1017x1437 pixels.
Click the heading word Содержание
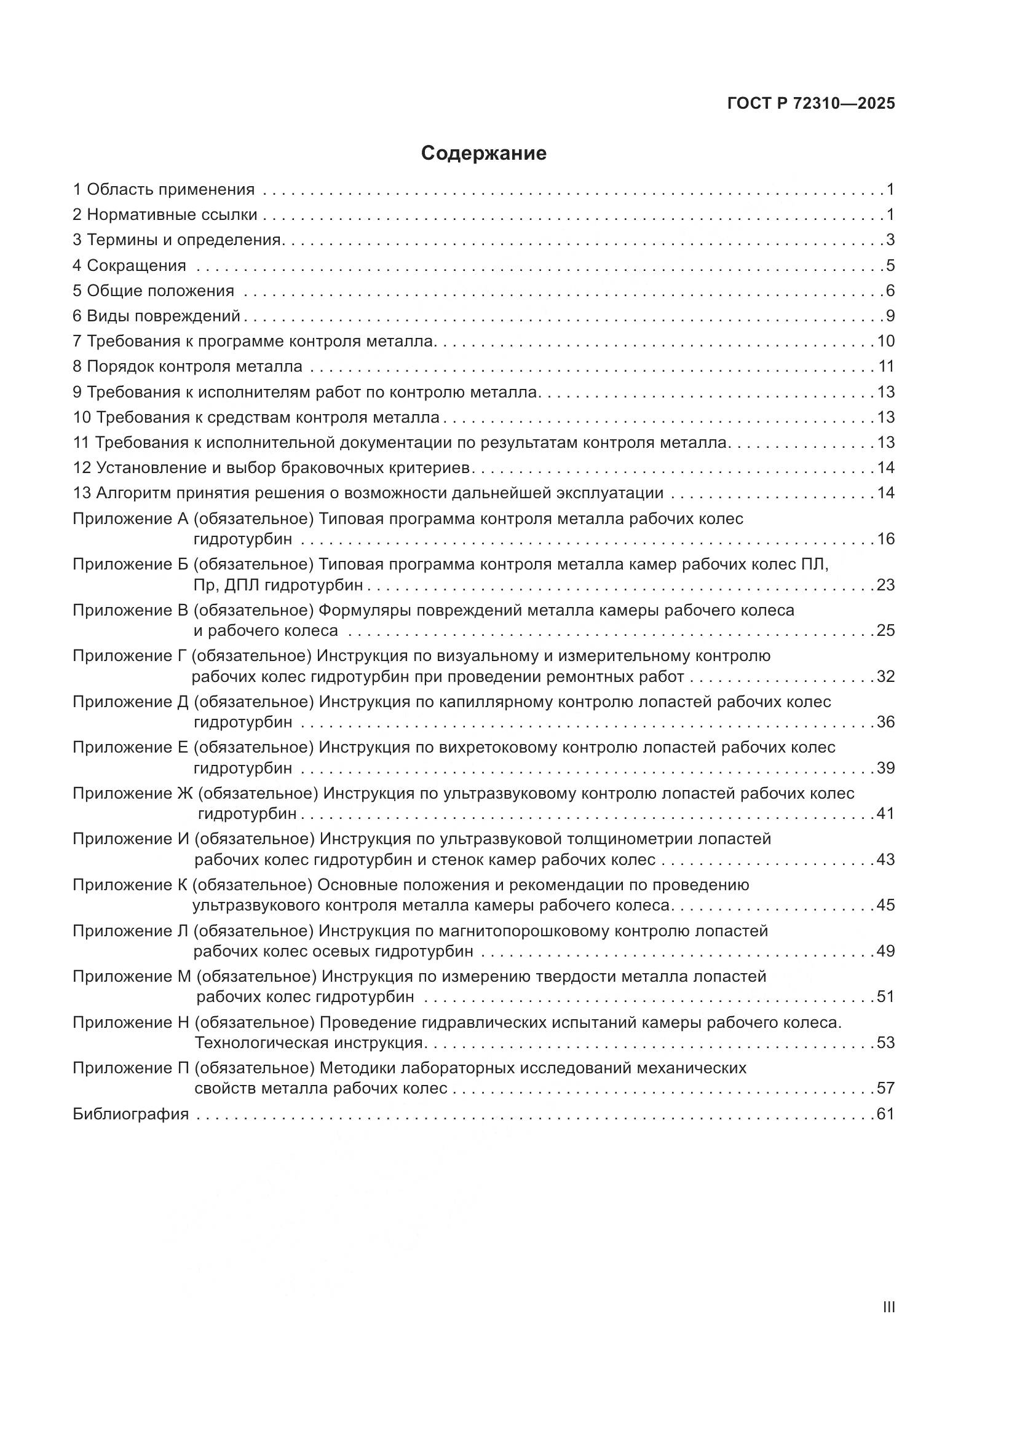click(x=483, y=154)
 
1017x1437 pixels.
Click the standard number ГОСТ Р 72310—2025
click(x=811, y=103)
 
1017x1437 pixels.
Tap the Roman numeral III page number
click(x=888, y=1307)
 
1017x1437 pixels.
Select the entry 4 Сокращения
click(x=130, y=265)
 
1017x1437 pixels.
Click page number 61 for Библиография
click(x=885, y=1114)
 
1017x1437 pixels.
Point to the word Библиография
click(x=130, y=1114)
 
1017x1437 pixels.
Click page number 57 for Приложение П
click(x=885, y=1089)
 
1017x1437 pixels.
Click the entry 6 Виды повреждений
click(x=157, y=316)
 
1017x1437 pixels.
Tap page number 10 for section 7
click(x=885, y=342)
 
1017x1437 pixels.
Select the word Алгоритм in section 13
click(x=133, y=493)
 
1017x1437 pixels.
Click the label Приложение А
click(x=130, y=519)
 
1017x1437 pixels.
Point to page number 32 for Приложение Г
click(x=885, y=676)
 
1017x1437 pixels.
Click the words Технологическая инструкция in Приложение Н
click(x=309, y=1043)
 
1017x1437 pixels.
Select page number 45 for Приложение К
click(x=885, y=905)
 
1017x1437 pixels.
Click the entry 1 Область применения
click(x=164, y=189)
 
